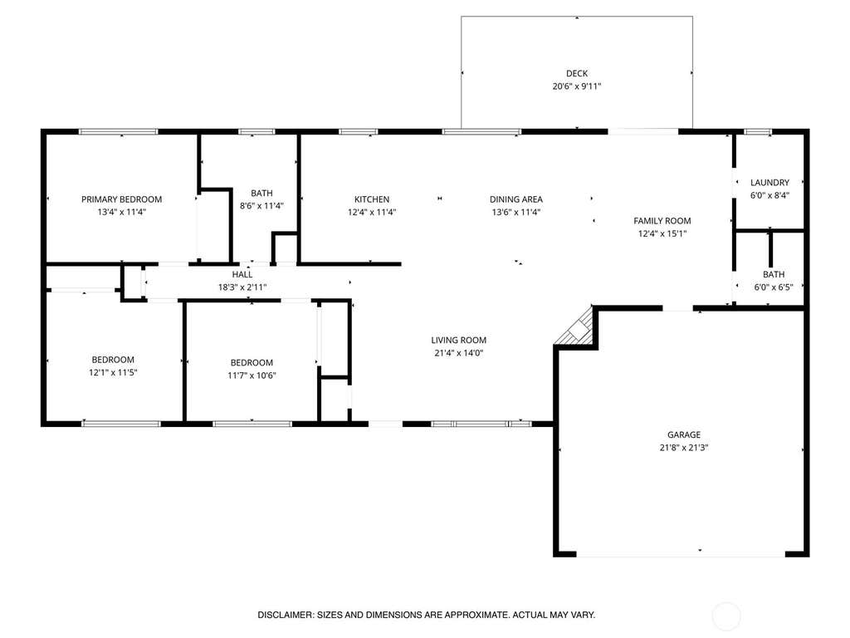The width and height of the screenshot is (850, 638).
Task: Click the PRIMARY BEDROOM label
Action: (x=121, y=199)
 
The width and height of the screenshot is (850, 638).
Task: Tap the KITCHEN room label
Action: (x=372, y=199)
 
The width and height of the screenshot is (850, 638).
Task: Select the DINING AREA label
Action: (x=516, y=199)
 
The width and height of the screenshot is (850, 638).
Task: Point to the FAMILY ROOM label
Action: (x=662, y=221)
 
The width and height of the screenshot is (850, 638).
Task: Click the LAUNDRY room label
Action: (x=769, y=182)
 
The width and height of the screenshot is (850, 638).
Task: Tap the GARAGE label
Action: (x=684, y=434)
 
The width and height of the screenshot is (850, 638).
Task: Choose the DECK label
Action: (x=577, y=73)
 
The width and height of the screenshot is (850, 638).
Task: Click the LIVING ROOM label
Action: (x=458, y=340)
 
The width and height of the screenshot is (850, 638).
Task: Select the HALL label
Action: (x=242, y=274)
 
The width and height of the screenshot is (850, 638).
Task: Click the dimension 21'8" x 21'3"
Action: (x=684, y=448)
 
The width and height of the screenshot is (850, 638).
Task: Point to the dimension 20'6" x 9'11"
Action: (x=577, y=86)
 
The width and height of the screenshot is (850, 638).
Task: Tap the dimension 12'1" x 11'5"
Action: (x=113, y=373)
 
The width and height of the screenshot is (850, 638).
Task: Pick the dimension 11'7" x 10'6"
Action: (x=252, y=375)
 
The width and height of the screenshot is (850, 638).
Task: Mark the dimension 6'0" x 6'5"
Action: (x=774, y=287)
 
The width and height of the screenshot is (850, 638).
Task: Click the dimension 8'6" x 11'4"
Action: (x=261, y=206)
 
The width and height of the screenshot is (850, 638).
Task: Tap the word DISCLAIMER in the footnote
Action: (x=286, y=616)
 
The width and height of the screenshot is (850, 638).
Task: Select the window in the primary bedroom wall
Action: (x=118, y=132)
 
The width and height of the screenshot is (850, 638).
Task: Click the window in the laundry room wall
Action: (x=757, y=132)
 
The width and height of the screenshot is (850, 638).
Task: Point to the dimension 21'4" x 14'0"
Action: (x=458, y=353)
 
